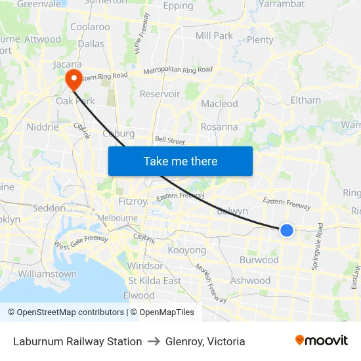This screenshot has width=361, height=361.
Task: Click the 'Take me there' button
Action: coord(180,161)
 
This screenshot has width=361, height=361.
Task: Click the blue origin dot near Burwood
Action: coord(286,230)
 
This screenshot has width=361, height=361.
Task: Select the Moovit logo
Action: coord(321,340)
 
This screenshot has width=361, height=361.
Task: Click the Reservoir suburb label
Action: coord(159,94)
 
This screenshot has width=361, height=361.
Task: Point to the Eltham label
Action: coord(305,100)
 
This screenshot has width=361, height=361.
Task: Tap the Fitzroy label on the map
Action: coord(132,201)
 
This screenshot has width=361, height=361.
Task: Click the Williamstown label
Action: coord(47,274)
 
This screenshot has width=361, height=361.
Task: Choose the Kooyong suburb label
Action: coord(187,250)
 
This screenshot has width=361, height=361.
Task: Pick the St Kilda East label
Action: coord(155,281)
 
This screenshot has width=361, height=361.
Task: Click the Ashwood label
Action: coord(250,280)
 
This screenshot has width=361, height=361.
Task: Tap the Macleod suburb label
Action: coord(219,104)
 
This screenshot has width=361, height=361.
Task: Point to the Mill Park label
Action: coord(214,35)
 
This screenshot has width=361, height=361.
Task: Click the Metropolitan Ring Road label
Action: coord(177,70)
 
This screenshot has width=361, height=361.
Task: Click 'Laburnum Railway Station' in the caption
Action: coord(77,341)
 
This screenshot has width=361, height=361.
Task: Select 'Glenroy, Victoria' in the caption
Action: coord(205,341)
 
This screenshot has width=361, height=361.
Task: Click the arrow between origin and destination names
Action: coord(154,341)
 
